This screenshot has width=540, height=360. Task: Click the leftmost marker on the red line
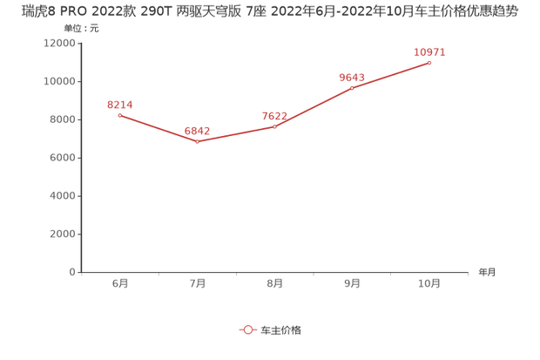coord(120,115)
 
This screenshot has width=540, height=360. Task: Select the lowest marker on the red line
coord(198,141)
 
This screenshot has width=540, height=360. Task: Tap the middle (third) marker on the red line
coord(275,126)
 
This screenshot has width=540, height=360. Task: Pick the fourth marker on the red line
coord(352,87)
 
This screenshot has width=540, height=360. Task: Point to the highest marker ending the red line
coord(429,63)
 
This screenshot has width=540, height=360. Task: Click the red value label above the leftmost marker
coord(120,105)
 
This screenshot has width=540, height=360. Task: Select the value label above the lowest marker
coord(198,131)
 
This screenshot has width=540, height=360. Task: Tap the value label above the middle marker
coord(275,115)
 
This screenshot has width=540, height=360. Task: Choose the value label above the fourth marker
coord(352,77)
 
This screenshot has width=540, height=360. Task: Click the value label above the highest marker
coord(429,52)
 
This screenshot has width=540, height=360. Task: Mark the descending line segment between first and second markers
coord(159,128)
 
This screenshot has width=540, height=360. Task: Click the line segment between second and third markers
coord(236,134)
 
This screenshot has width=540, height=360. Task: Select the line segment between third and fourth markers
coord(314,107)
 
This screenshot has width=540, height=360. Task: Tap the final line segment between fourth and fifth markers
coord(391,75)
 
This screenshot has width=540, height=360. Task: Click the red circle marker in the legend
coord(247,329)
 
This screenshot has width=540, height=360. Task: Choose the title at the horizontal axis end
coord(485,272)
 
